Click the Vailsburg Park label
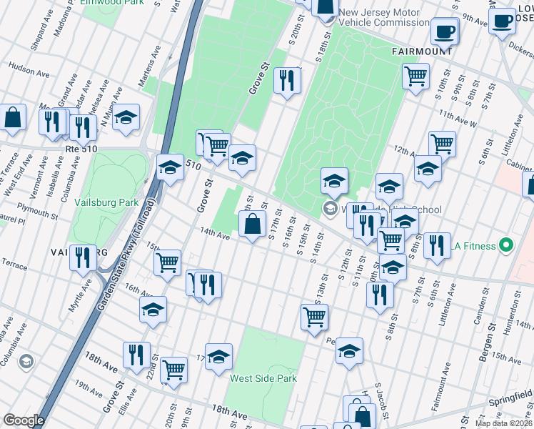[x=106, y=202]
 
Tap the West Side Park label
[x=263, y=378]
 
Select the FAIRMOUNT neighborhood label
[x=422, y=51]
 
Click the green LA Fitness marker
[x=507, y=247]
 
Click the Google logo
[x=24, y=420]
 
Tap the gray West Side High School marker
[x=329, y=209]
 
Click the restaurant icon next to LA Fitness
[x=437, y=245]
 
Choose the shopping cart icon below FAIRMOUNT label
[x=415, y=76]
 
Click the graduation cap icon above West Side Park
[x=219, y=357]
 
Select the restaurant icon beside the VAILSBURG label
[x=84, y=257]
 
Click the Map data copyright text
[x=504, y=423]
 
